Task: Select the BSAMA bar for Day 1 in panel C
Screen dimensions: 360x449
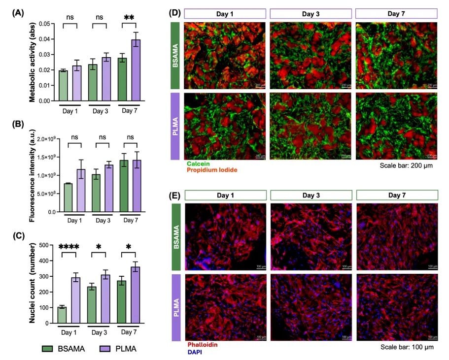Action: (62, 315)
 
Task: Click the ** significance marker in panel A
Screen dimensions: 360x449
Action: (129, 18)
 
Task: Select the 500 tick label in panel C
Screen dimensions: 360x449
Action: (46, 245)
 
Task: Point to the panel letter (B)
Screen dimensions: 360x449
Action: (18, 124)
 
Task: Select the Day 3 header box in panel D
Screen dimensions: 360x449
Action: (311, 13)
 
